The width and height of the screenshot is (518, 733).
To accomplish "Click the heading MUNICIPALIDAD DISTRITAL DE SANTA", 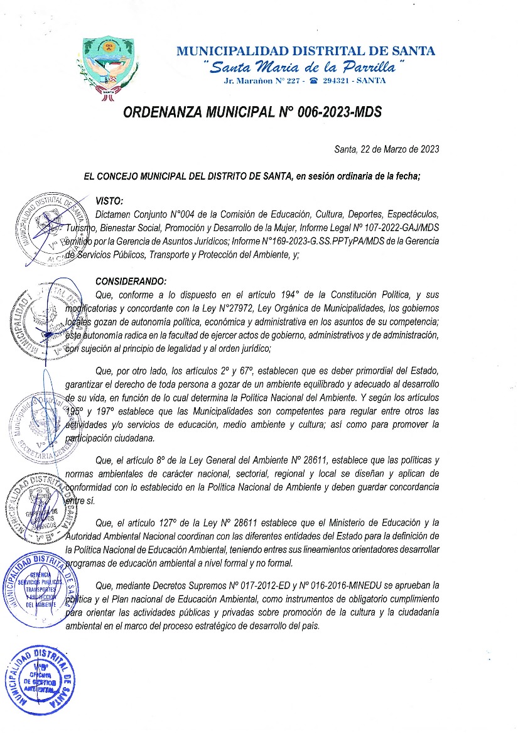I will [306, 52].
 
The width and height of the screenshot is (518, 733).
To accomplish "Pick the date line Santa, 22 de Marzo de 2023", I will [386, 149].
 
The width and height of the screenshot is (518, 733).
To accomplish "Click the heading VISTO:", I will [109, 201].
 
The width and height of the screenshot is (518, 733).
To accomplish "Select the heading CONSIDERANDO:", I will [131, 281].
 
